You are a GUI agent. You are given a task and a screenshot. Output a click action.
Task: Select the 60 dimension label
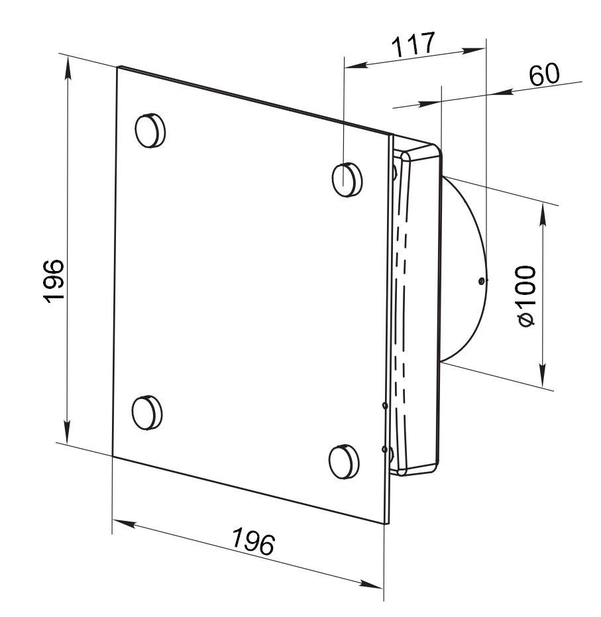[x=543, y=75]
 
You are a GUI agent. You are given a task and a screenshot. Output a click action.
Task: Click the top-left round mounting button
[x=150, y=131]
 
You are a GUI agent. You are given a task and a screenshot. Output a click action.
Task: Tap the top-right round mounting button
[x=347, y=180]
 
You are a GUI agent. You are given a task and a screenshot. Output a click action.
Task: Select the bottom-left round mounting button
[x=147, y=413]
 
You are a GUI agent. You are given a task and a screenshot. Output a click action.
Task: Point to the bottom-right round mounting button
[x=344, y=461]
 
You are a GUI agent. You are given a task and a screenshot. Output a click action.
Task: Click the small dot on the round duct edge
[x=480, y=281]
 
